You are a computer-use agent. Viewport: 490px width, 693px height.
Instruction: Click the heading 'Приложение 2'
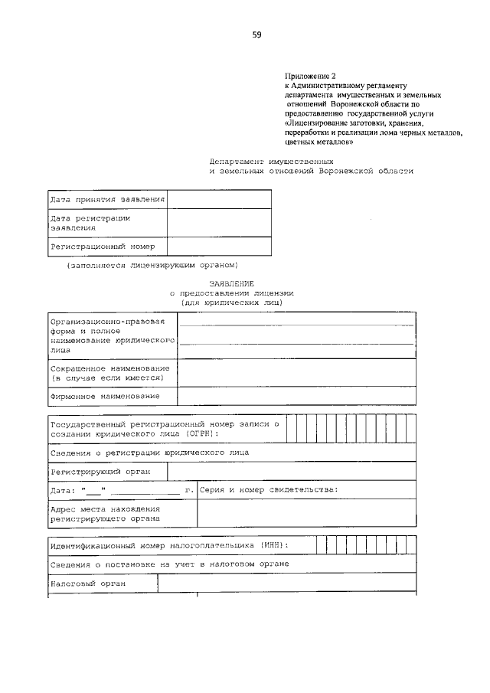(310, 76)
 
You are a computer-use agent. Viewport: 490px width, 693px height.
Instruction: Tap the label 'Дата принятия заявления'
(107, 200)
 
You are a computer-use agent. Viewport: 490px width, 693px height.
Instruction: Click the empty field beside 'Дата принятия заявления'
(219, 200)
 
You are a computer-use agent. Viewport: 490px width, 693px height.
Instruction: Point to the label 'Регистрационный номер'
(103, 247)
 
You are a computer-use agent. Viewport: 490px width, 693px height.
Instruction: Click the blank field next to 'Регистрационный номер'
(219, 247)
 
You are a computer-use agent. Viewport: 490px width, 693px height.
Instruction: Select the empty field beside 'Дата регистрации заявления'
(219, 223)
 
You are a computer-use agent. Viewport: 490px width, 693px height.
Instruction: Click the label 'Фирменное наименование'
(105, 396)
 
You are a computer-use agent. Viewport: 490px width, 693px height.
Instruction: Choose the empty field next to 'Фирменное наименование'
(296, 396)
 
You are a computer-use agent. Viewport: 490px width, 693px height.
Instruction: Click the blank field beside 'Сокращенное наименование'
(296, 373)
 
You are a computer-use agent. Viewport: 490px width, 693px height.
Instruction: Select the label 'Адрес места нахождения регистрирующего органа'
(105, 513)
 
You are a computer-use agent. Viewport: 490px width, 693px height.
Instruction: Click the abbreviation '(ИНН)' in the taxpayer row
(274, 545)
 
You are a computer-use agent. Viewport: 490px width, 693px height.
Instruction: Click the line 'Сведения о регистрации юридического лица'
(149, 453)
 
